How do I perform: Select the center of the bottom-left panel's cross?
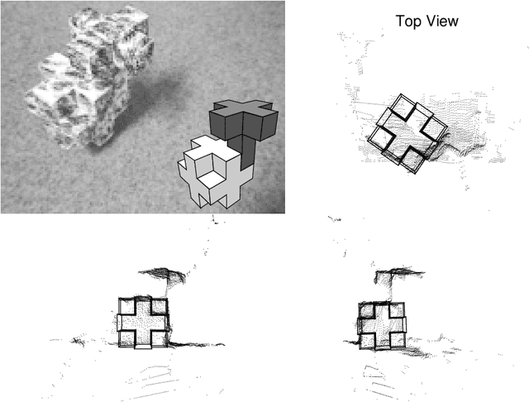pos(144,322)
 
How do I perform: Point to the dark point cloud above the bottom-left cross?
pos(160,272)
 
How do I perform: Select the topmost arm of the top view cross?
pos(406,104)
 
